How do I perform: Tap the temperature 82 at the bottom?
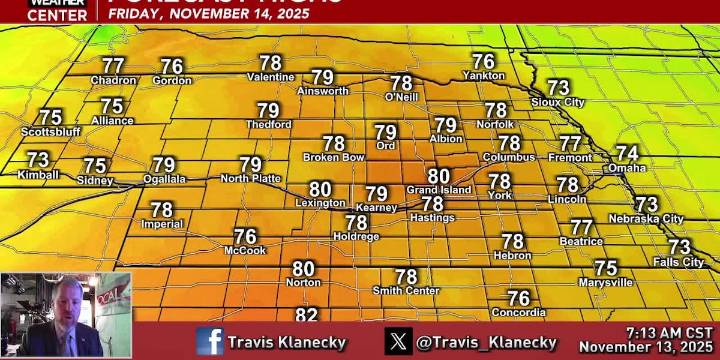pos(306,315)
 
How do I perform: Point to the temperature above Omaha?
pos(626,153)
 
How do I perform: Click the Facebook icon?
pos(210,341)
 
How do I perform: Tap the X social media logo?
pos(398,341)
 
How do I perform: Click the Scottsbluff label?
pos(49,131)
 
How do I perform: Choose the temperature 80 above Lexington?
pos(320,188)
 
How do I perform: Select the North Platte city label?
pos(250,178)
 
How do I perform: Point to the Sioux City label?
pos(558,102)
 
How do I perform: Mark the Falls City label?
pos(678,262)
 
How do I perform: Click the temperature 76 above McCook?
pos(245,237)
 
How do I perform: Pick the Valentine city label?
pos(270,77)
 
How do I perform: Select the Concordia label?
pos(518,313)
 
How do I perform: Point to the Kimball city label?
pos(38,175)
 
